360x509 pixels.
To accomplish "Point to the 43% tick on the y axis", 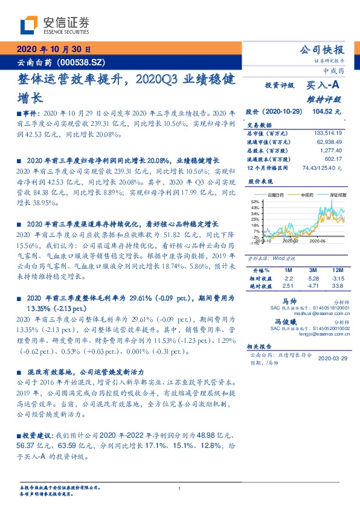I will point(255,207).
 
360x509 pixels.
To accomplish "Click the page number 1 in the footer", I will point(180,488).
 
